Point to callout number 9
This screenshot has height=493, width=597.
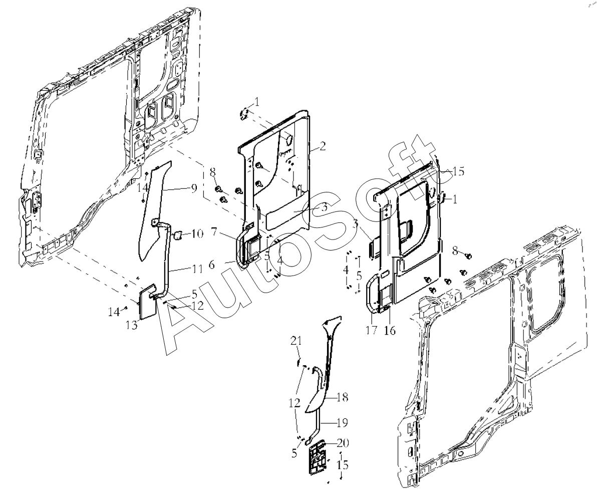(x=194, y=188)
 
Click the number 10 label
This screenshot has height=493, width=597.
(x=198, y=233)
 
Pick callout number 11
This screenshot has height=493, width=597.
(x=197, y=270)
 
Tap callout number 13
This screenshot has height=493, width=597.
(x=132, y=325)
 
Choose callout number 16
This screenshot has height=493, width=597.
(x=390, y=330)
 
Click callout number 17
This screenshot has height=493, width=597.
(x=372, y=330)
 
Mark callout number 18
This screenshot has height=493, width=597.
(x=343, y=397)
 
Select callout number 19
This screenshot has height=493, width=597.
(x=342, y=423)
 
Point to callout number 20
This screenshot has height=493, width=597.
(x=343, y=443)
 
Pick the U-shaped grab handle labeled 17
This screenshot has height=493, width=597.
(x=369, y=294)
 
